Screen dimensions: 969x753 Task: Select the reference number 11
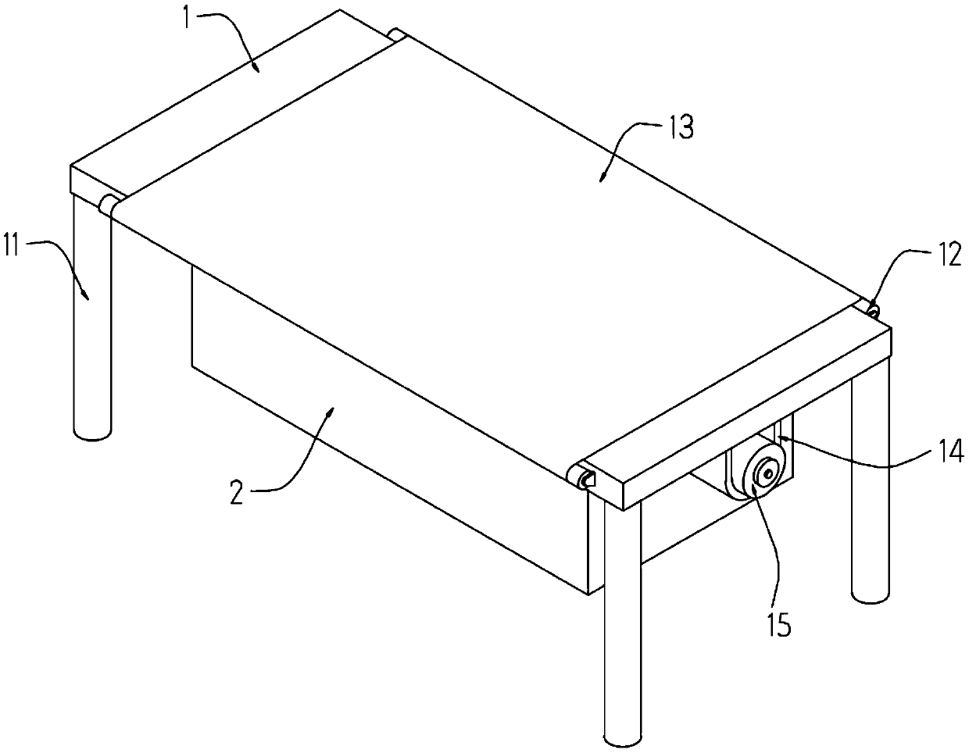click(11, 244)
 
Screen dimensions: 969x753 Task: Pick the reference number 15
click(778, 624)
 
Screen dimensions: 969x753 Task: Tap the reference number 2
click(237, 493)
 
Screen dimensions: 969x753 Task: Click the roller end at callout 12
click(873, 310)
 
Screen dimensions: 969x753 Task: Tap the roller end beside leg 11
click(106, 205)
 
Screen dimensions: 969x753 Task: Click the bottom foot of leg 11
click(92, 434)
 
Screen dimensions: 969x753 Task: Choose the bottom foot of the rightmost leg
click(871, 596)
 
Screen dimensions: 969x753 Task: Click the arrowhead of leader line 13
click(602, 177)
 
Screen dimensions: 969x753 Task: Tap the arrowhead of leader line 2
click(330, 412)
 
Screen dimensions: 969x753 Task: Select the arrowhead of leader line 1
click(256, 67)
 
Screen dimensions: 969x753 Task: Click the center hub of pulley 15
click(767, 473)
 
